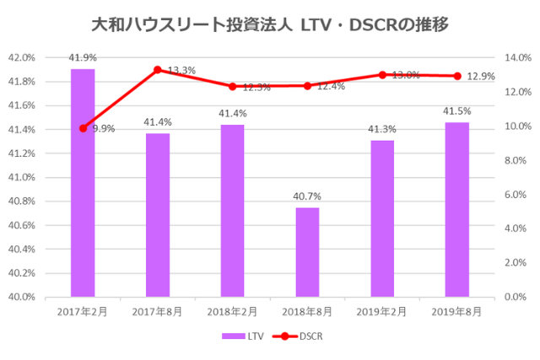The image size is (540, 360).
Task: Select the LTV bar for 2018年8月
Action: [x=307, y=252]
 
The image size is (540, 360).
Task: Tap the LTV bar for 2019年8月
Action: [x=456, y=210]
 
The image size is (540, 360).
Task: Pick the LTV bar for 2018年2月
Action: [x=232, y=211]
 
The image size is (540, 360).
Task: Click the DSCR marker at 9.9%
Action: [x=83, y=128]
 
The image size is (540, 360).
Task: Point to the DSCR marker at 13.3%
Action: [x=158, y=70]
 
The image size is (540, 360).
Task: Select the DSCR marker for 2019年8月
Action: [x=456, y=76]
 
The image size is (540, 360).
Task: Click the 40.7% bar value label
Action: [x=307, y=196]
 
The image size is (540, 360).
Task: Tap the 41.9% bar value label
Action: [x=83, y=57]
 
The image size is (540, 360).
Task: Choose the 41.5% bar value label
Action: [x=456, y=110]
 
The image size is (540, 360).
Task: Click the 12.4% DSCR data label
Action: [x=330, y=86]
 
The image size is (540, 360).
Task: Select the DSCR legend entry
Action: [x=303, y=336]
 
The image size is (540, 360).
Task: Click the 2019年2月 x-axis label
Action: [x=381, y=312]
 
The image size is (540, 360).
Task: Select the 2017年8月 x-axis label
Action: [x=158, y=312]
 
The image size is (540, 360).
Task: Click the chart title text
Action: [x=269, y=25]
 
